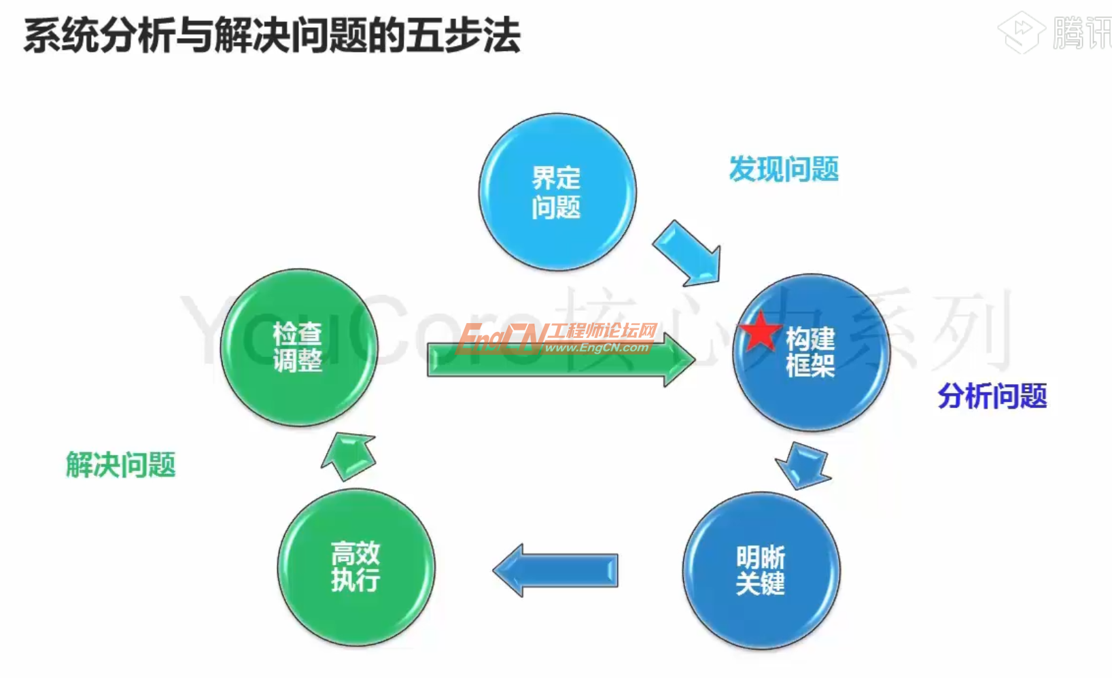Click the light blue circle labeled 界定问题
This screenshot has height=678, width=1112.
[557, 192]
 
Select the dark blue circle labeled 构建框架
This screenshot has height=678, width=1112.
[812, 352]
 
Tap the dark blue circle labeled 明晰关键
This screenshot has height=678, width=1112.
[761, 570]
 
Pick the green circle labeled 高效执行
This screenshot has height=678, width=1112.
[356, 566]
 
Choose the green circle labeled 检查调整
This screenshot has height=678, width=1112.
[299, 348]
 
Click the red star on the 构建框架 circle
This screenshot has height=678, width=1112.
[760, 332]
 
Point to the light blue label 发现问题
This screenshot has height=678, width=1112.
[784, 169]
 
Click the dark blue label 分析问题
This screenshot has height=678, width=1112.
[992, 396]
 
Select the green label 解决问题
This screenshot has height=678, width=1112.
[121, 465]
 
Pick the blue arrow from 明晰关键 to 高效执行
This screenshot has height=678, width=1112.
[556, 570]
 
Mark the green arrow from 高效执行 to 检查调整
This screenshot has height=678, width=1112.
[349, 455]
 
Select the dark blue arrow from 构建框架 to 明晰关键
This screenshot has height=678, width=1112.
[804, 465]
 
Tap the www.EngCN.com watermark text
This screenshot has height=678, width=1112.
[596, 348]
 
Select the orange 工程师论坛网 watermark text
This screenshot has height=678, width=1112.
[602, 331]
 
